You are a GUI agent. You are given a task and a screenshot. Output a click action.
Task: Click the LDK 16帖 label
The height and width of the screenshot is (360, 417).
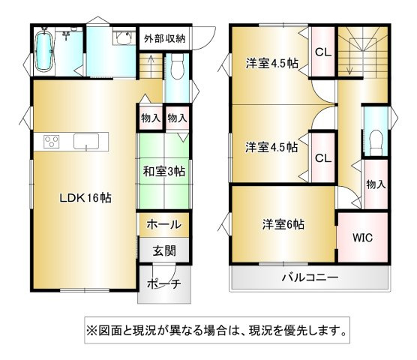(85, 198)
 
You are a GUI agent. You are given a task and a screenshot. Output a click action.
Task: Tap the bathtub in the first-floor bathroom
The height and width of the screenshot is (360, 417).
(44, 51)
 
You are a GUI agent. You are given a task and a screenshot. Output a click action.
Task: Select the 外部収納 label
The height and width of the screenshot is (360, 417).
(164, 39)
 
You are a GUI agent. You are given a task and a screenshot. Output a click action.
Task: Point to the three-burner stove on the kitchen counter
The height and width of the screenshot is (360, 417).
(52, 142)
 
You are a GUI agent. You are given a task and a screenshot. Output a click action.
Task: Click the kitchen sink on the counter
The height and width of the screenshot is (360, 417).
(86, 142)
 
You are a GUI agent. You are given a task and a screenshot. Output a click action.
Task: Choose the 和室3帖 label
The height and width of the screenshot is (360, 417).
(164, 171)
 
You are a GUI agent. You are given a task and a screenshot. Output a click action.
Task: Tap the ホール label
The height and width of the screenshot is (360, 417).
(164, 224)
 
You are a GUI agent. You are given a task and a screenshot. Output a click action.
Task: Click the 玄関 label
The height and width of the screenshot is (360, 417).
(164, 250)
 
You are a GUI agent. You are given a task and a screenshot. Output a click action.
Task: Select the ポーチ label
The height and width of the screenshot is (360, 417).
(164, 284)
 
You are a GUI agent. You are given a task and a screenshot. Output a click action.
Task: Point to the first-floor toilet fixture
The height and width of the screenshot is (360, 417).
(177, 66)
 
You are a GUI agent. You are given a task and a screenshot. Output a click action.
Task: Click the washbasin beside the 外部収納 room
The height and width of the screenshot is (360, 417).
(123, 38)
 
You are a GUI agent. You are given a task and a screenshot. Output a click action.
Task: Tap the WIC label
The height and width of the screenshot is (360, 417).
(362, 238)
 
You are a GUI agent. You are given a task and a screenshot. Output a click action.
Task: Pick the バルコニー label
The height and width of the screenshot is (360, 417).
(310, 277)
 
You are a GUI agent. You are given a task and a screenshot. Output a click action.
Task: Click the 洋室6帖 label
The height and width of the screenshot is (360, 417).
(283, 224)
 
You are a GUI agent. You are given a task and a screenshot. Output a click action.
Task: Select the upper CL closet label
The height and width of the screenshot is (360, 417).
(323, 52)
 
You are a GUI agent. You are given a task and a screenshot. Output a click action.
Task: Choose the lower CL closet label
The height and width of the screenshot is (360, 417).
(323, 158)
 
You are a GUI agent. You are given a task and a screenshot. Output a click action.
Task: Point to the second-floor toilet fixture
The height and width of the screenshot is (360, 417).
(376, 142)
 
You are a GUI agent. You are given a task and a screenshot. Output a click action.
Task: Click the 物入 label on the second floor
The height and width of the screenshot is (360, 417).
(376, 184)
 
